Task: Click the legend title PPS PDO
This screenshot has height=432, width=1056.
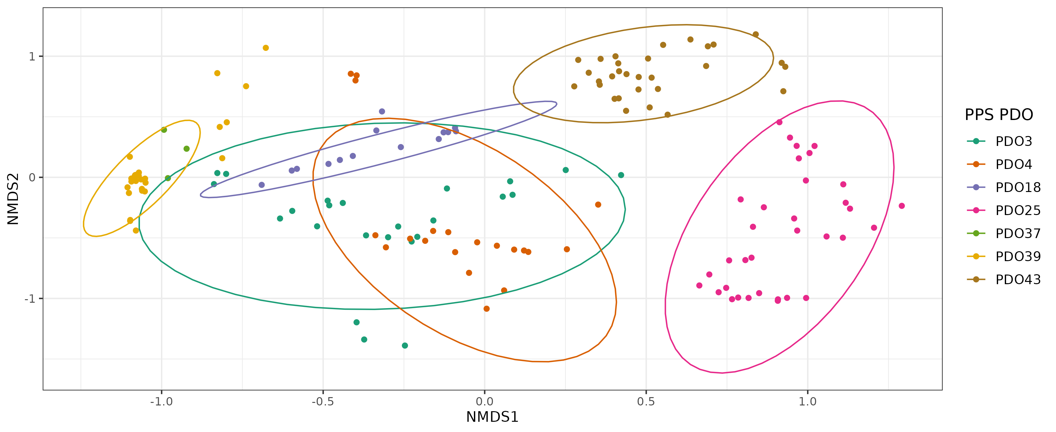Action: coord(999,115)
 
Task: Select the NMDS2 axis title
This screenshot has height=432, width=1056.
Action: coord(13,199)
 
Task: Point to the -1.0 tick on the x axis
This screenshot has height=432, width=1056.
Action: coord(162,402)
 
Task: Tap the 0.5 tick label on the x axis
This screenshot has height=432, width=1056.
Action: coord(646,402)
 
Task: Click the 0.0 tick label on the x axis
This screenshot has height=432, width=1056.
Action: coord(484,402)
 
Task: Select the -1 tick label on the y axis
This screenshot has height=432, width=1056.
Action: coord(30,298)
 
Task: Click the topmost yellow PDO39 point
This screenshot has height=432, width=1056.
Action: coord(266,48)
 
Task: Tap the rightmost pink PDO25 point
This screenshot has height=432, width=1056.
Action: coord(902,206)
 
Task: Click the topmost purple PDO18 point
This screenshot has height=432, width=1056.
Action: coord(382,111)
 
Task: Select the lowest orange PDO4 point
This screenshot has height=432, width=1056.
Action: coord(487,308)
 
